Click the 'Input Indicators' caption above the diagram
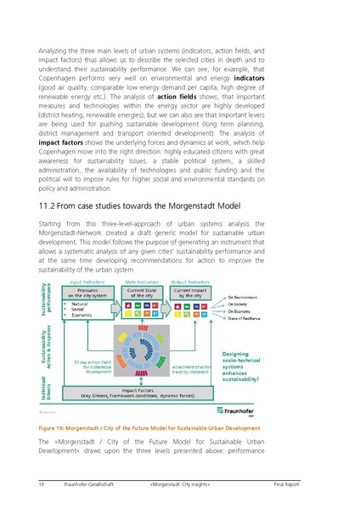[x=87, y=282]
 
